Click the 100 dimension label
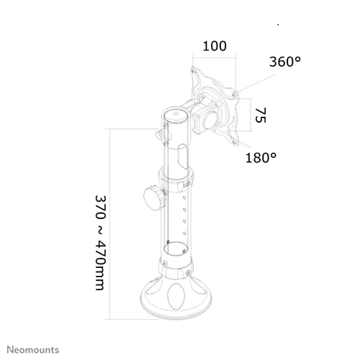pyautogui.click(x=215, y=46)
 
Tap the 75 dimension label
pyautogui.click(x=261, y=115)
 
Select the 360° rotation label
pyautogui.click(x=285, y=62)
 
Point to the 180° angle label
pyautogui.click(x=261, y=158)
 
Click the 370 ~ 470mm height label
pyautogui.click(x=100, y=243)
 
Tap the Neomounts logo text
pyautogui.click(x=33, y=350)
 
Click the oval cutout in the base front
pyautogui.click(x=176, y=297)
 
